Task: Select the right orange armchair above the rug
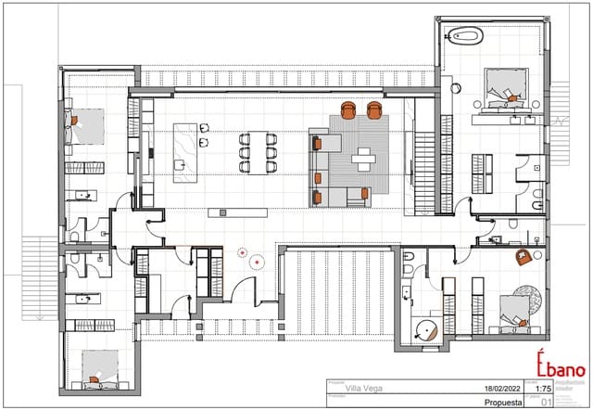[x=374, y=110]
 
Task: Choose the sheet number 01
[x=547, y=403]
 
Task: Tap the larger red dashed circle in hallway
[x=243, y=250]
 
